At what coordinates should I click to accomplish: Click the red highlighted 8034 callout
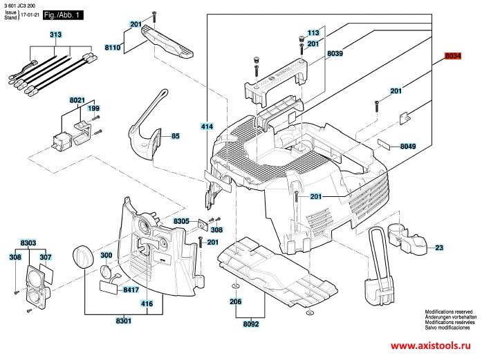pyautogui.click(x=452, y=56)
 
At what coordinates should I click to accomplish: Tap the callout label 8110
pyautogui.click(x=113, y=48)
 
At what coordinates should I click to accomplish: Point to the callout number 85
pyautogui.click(x=176, y=136)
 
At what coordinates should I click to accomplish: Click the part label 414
pyautogui.click(x=206, y=126)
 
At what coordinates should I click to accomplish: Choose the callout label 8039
pyautogui.click(x=335, y=53)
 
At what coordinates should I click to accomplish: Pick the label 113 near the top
pyautogui.click(x=313, y=32)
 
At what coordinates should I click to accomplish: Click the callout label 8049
pyautogui.click(x=407, y=146)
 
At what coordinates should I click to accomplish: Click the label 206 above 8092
pyautogui.click(x=235, y=301)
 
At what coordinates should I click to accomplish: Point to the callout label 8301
pyautogui.click(x=124, y=321)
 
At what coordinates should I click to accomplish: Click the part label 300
pyautogui.click(x=106, y=256)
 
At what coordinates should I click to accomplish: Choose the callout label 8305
pyautogui.click(x=182, y=220)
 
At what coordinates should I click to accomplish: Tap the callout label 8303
pyautogui.click(x=28, y=244)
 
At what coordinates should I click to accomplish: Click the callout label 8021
pyautogui.click(x=77, y=100)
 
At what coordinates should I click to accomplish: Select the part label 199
pyautogui.click(x=93, y=108)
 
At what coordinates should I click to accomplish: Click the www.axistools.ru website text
pyautogui.click(x=434, y=345)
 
